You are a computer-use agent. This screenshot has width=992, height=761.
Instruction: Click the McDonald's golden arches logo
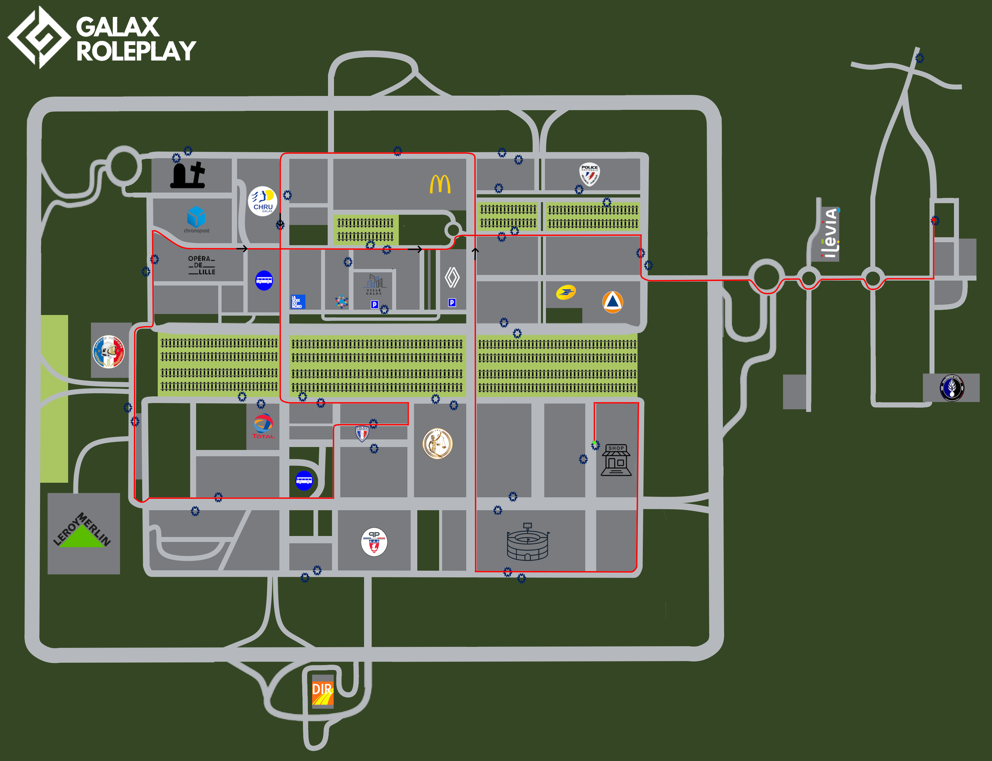[x=440, y=184]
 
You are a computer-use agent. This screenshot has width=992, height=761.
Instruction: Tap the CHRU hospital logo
[x=263, y=201]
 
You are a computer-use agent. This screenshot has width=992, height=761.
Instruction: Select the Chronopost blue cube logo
[x=196, y=217]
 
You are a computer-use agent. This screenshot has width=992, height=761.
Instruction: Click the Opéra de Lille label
[x=201, y=265]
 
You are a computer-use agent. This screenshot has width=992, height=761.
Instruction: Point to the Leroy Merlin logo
[x=82, y=530]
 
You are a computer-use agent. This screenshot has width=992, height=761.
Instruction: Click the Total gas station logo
[x=263, y=426]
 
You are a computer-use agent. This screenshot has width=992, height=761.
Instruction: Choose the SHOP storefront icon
[x=616, y=460]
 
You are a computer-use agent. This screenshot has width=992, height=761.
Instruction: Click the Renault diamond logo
[x=452, y=278]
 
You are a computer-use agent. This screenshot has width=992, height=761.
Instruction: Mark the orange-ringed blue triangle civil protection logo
[x=613, y=302]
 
